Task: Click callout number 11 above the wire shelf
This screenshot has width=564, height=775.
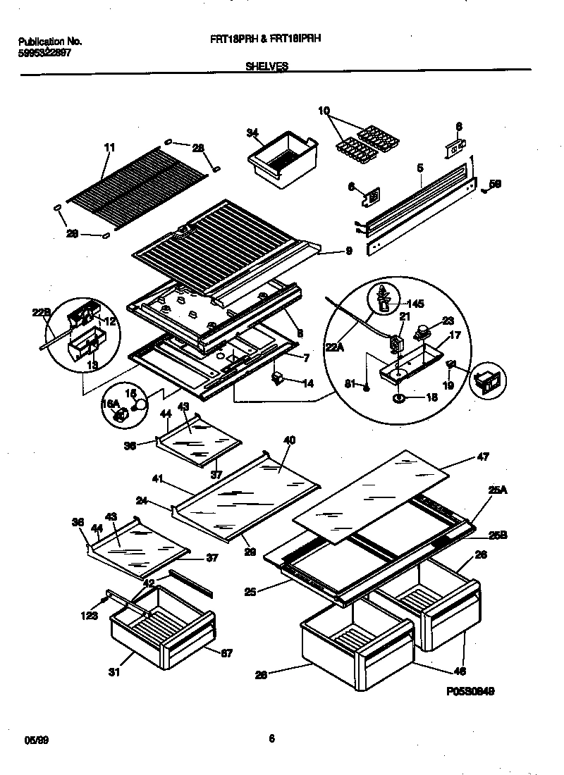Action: click(109, 147)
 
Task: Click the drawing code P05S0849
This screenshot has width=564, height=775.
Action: click(470, 691)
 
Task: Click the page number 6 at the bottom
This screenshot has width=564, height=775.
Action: click(271, 738)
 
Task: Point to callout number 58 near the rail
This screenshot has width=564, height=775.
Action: click(496, 185)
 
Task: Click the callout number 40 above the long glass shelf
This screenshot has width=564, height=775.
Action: click(289, 440)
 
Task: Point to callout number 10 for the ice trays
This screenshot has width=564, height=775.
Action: click(324, 111)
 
